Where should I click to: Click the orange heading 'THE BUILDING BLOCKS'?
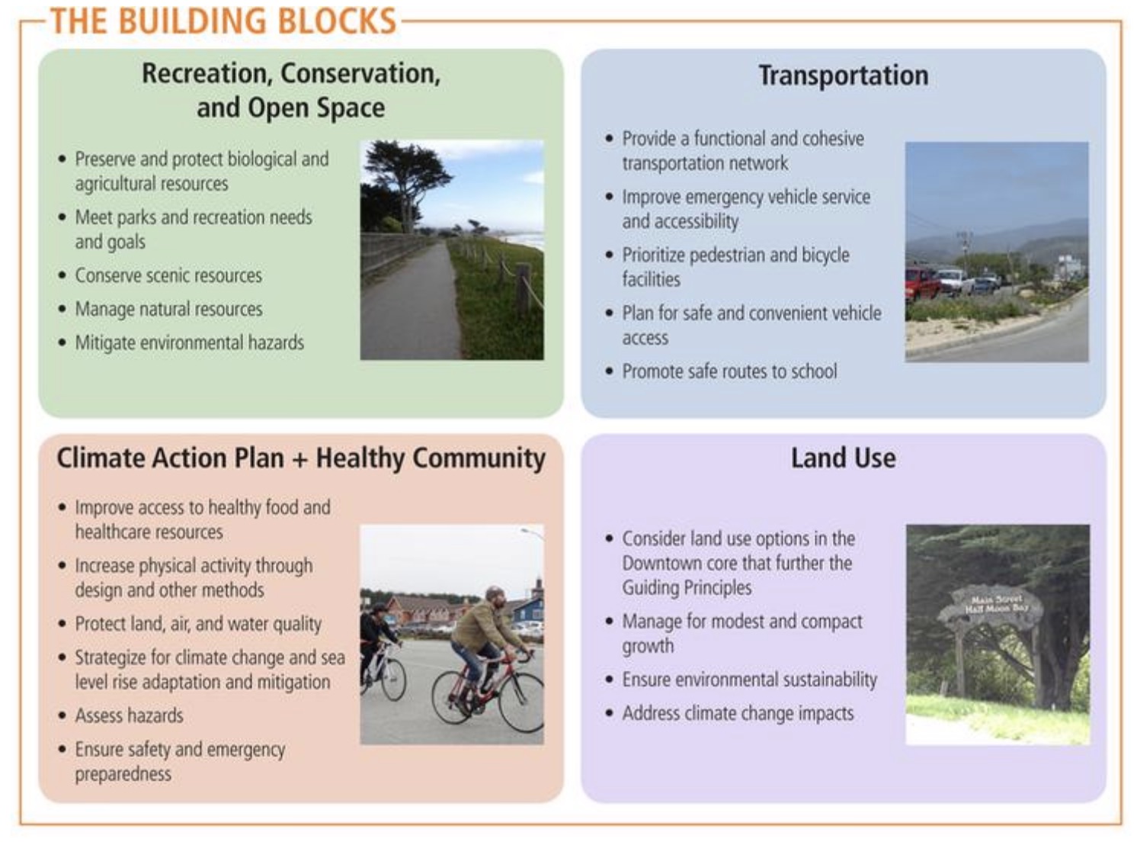click(223, 21)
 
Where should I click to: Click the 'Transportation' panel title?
click(844, 75)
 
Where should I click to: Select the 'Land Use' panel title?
click(844, 458)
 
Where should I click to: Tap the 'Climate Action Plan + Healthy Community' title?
click(301, 458)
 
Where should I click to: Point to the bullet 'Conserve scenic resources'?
click(168, 275)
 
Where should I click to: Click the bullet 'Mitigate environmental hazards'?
click(190, 342)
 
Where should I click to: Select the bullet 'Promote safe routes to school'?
click(729, 371)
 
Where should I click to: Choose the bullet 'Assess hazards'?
click(130, 715)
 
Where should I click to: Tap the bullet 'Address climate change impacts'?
click(738, 713)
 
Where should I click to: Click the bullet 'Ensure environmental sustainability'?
click(749, 680)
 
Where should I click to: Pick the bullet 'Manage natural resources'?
click(168, 309)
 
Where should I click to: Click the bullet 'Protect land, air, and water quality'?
click(198, 624)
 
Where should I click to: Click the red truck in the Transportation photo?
click(921, 284)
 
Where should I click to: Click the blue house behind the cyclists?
click(527, 609)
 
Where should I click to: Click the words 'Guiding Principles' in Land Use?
click(687, 587)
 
